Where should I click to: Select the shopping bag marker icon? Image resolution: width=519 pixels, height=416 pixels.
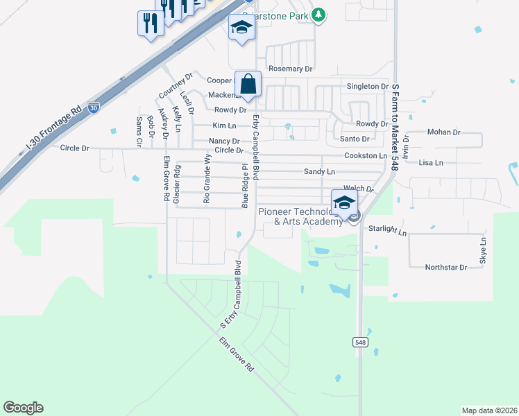tap(248, 85)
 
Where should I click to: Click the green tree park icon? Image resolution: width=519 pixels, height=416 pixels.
tap(318, 14)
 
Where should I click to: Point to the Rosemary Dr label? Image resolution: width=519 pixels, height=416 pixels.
tap(291, 69)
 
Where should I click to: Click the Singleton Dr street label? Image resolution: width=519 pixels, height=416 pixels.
tap(368, 86)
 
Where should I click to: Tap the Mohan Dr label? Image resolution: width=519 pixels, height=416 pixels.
tap(444, 132)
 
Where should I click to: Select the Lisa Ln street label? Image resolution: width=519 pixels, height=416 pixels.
tap(431, 162)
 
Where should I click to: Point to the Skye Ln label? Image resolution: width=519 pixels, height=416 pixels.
tap(484, 250)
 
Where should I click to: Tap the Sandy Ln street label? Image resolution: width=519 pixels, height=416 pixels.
tap(319, 171)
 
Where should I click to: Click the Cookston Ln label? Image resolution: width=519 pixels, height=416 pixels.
tap(365, 156)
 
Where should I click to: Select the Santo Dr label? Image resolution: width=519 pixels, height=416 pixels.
tap(355, 139)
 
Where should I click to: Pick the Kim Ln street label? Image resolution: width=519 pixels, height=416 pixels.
tap(224, 125)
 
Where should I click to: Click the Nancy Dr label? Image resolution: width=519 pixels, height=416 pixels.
tap(224, 141)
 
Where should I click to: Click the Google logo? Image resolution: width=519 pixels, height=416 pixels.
tap(23, 408)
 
